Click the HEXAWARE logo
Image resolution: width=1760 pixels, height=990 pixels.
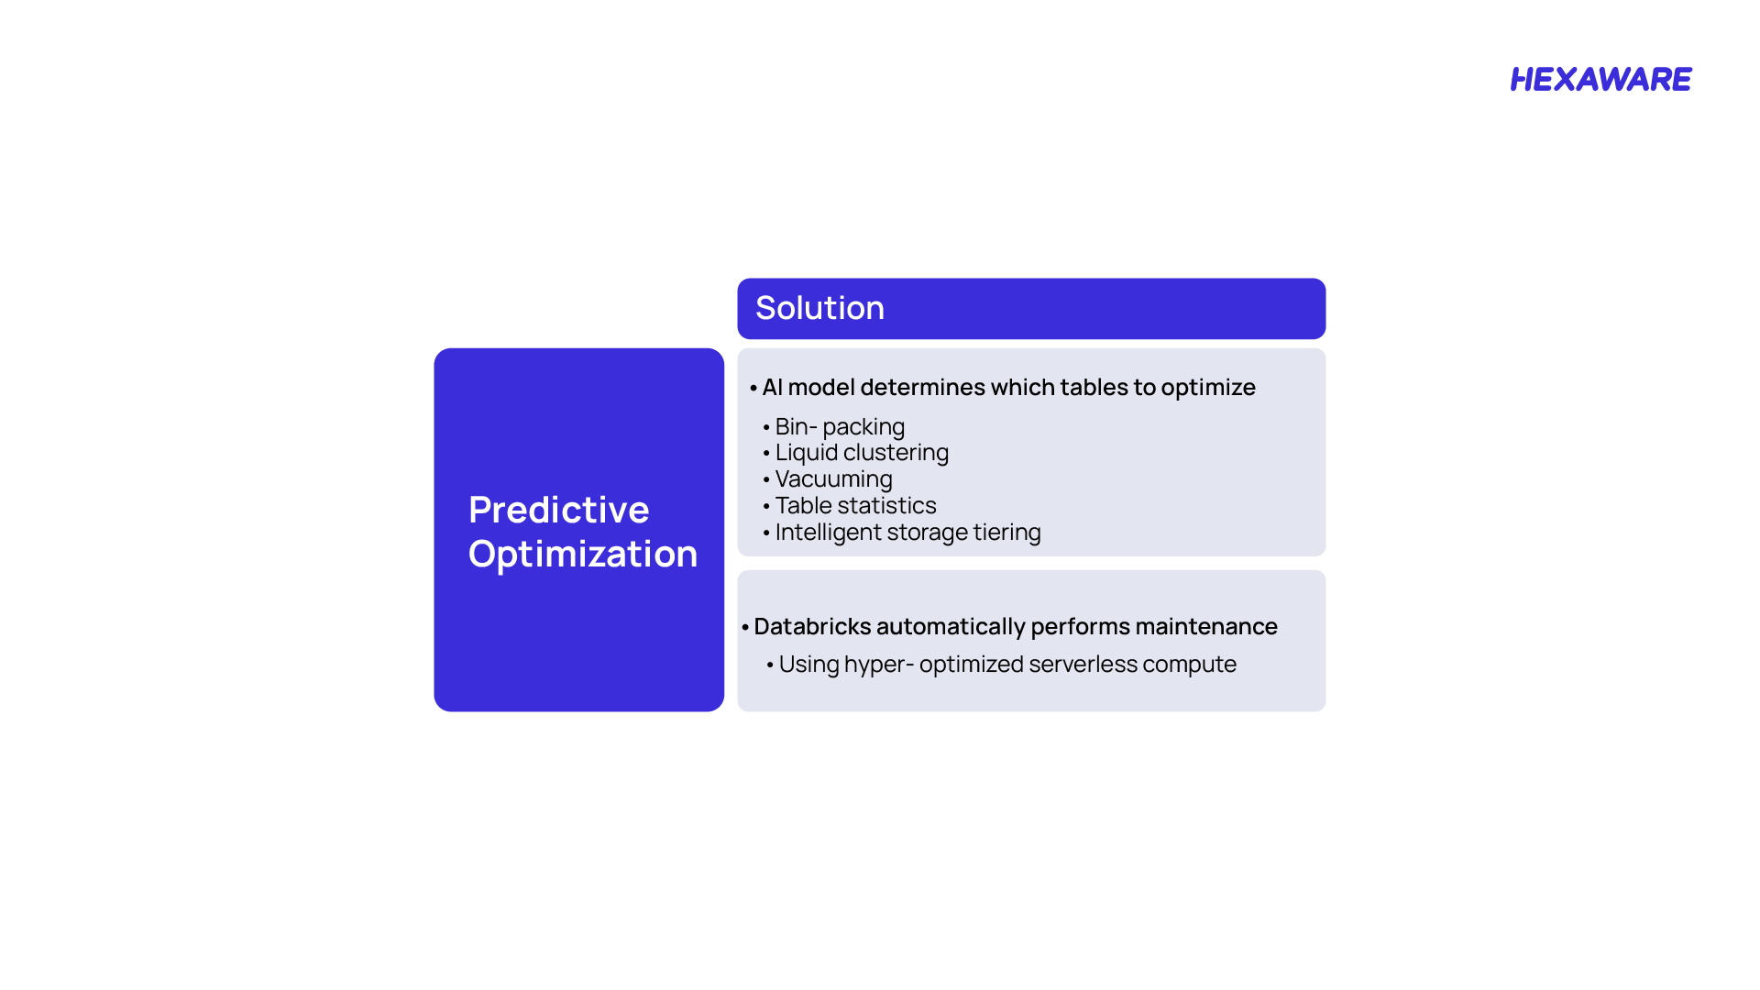(1600, 80)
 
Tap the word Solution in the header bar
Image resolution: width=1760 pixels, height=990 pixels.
(819, 308)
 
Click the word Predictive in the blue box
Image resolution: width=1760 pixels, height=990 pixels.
(558, 510)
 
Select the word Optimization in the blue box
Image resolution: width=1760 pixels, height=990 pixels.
(583, 555)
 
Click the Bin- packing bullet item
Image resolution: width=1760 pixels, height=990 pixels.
(840, 427)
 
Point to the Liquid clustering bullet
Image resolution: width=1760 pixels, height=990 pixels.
(862, 453)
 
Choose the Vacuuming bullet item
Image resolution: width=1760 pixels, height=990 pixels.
(833, 479)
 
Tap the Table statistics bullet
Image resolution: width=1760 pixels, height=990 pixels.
(855, 505)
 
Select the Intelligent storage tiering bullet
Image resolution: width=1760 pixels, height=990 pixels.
(907, 533)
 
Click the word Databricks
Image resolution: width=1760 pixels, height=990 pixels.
(811, 626)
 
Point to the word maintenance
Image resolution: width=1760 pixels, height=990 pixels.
(1205, 626)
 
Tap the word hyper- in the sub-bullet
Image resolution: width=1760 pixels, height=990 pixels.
(879, 665)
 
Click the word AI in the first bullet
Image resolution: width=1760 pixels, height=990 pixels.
(772, 387)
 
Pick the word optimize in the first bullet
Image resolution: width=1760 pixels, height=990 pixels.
(1208, 388)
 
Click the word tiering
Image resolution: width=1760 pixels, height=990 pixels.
(1006, 533)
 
